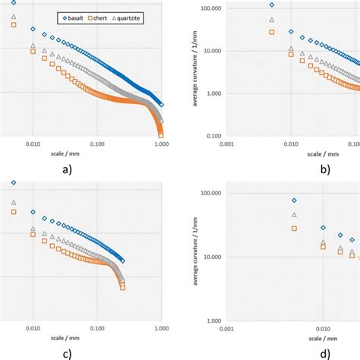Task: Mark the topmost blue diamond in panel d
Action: point(295,201)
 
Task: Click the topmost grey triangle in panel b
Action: point(272,20)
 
